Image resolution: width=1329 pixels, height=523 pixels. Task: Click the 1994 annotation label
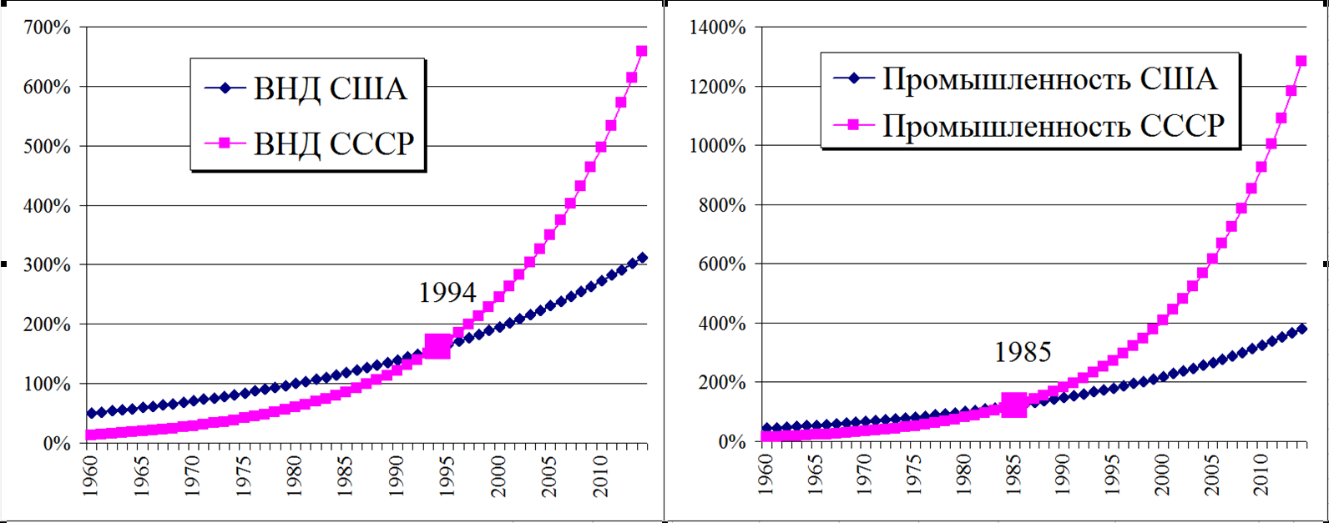point(447,293)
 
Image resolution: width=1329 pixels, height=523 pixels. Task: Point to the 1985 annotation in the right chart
point(1023,353)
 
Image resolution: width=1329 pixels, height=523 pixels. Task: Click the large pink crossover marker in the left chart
point(437,346)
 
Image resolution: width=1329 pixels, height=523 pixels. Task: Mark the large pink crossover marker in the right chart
point(1013,405)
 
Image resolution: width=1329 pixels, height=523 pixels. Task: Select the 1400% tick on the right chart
point(717,28)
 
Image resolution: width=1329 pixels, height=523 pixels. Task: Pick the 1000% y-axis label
point(717,146)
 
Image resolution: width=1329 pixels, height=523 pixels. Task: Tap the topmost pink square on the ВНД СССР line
point(641,51)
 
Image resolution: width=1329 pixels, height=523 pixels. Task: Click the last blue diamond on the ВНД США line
point(641,258)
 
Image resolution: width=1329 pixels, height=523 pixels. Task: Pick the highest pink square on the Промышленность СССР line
point(1301,61)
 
